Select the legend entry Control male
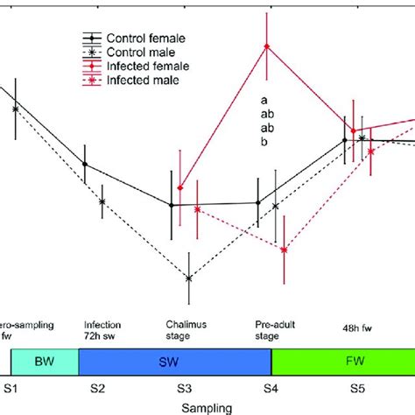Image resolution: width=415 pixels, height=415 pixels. (x=139, y=52)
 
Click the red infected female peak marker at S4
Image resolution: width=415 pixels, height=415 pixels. (x=268, y=46)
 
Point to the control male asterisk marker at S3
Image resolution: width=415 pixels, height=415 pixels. (x=189, y=278)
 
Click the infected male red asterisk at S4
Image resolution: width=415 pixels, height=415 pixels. (x=285, y=250)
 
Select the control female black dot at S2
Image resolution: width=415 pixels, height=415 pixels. (x=85, y=164)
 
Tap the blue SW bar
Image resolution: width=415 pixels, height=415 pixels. (x=175, y=362)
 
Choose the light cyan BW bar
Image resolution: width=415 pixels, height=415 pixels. (x=45, y=362)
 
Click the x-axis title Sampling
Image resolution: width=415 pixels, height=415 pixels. (x=207, y=406)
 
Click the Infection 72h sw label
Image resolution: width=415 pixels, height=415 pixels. (x=104, y=329)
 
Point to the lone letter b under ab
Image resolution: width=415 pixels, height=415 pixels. (x=264, y=142)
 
